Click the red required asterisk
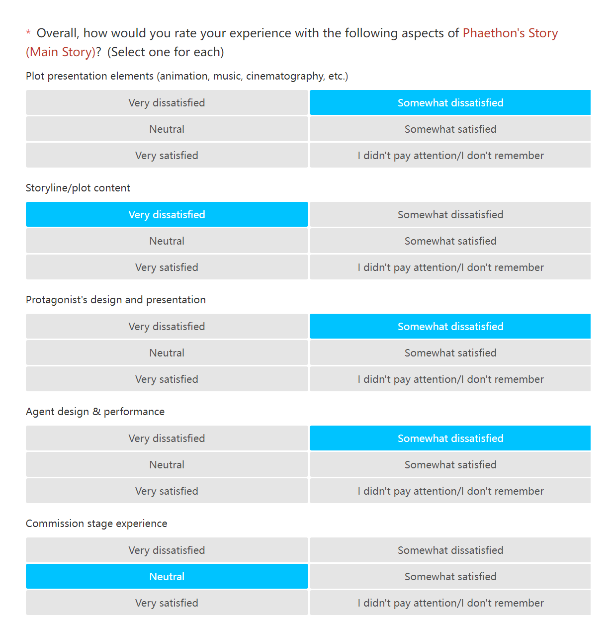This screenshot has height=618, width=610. tap(28, 33)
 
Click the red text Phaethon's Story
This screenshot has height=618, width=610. tap(510, 33)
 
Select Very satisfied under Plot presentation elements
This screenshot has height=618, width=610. tap(167, 156)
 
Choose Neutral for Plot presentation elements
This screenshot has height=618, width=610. tap(167, 129)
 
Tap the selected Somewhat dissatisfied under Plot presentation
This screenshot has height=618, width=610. tap(450, 103)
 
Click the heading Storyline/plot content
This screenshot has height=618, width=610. tap(78, 188)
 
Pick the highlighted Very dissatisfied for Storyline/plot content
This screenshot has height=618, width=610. tap(167, 215)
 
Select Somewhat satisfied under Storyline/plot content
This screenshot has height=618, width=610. tap(450, 241)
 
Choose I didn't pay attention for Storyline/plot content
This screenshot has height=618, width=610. tap(450, 267)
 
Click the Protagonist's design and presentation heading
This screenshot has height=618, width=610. tap(116, 300)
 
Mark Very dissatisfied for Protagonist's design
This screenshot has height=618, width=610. tap(167, 327)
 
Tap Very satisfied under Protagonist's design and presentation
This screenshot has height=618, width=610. tap(167, 379)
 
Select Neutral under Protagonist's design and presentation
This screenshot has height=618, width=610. tap(167, 353)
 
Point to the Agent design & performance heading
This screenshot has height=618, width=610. tap(95, 412)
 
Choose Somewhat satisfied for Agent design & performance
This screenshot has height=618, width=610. tap(450, 465)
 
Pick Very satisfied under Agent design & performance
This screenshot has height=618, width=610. tap(167, 491)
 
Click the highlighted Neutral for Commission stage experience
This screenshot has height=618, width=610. tap(167, 577)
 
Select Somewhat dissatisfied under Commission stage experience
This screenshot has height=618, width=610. tap(450, 550)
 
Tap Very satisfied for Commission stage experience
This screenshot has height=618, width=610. tap(167, 603)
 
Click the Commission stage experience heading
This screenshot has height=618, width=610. tap(96, 524)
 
